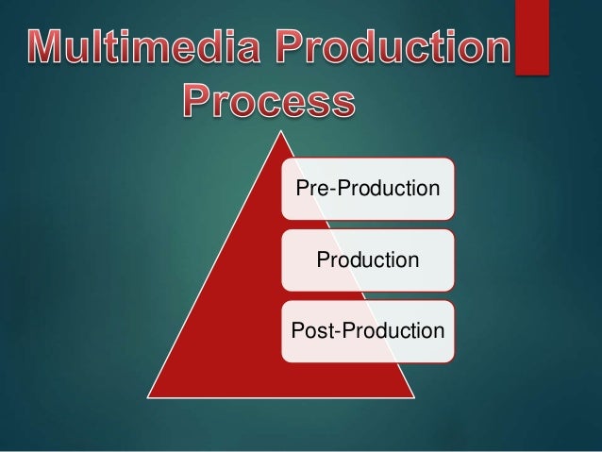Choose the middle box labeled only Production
coord(367,259)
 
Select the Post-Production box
coord(367,330)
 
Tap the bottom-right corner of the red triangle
coord(415,397)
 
